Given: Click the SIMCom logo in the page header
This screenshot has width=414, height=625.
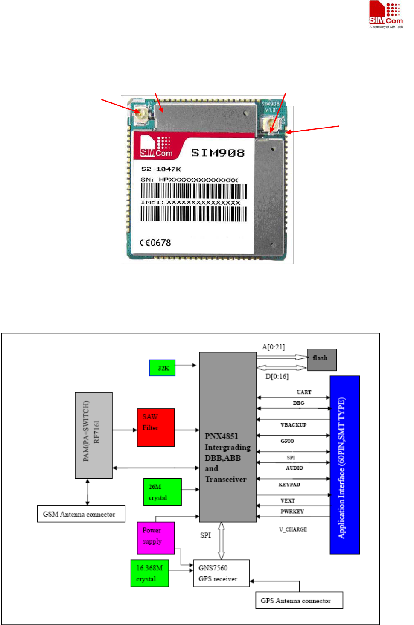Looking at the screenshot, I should pyautogui.click(x=386, y=15).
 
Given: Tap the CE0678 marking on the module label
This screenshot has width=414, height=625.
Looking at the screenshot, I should pyautogui.click(x=155, y=243).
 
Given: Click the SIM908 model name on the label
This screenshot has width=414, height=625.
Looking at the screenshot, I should pyautogui.click(x=218, y=153).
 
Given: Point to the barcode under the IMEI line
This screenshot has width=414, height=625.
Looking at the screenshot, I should pyautogui.click(x=194, y=214).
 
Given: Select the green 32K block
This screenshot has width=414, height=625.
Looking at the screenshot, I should pyautogui.click(x=162, y=368).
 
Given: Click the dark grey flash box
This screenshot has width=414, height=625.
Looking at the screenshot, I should pyautogui.click(x=322, y=360).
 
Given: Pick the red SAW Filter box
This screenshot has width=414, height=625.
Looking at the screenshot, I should pyautogui.click(x=156, y=427).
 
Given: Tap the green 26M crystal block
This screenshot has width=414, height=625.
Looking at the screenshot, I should pyautogui.click(x=162, y=492).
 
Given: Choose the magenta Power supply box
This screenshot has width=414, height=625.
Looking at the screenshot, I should pyautogui.click(x=155, y=538).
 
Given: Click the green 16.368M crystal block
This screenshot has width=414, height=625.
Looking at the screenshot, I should pyautogui.click(x=149, y=573).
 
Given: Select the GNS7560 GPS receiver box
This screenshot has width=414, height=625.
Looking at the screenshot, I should pyautogui.click(x=221, y=573).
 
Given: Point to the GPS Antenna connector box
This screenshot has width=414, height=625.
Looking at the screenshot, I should pyautogui.click(x=299, y=600).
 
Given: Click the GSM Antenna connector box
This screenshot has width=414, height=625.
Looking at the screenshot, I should pyautogui.click(x=81, y=514).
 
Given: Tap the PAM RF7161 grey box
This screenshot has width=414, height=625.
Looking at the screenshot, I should pyautogui.click(x=93, y=435).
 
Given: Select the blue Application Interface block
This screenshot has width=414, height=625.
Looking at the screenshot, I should pyautogui.click(x=344, y=465).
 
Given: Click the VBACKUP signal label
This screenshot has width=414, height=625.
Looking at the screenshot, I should pyautogui.click(x=293, y=425).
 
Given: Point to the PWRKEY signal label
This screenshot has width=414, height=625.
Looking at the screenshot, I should pyautogui.click(x=292, y=511).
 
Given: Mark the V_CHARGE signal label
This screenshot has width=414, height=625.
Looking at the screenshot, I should pyautogui.click(x=293, y=529).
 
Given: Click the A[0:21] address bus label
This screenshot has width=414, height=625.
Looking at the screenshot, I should pyautogui.click(x=274, y=347).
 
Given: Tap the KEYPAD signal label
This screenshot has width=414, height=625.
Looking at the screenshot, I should pyautogui.click(x=289, y=485).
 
